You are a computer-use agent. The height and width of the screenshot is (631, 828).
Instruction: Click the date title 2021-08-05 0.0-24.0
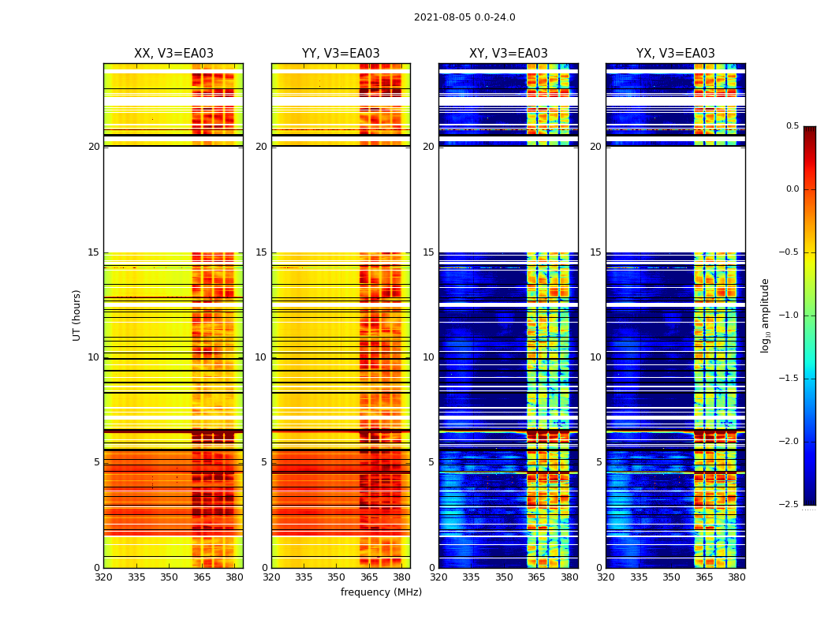(x=464, y=17)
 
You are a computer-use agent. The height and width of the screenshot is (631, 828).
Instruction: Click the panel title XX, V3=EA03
(x=173, y=54)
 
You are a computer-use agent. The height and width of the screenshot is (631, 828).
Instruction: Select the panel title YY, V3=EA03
(x=341, y=54)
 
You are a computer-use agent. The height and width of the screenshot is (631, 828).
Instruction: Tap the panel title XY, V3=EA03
(x=509, y=54)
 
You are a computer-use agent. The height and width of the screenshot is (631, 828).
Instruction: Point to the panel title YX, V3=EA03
(x=676, y=54)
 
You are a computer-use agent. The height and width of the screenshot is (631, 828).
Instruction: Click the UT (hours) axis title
(x=77, y=315)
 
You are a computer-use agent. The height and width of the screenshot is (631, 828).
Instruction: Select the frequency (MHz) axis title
(x=381, y=592)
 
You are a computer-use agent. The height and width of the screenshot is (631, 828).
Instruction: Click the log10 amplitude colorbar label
(x=765, y=315)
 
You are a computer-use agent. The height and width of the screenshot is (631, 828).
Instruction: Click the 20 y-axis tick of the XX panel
(x=94, y=147)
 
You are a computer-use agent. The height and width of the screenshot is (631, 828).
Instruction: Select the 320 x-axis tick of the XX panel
(x=103, y=577)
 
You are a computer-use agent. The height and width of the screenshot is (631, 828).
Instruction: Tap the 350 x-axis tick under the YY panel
(x=337, y=577)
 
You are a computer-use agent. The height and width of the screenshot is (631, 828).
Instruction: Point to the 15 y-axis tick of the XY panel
(x=429, y=252)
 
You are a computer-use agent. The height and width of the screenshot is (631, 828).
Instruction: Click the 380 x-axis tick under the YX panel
(x=737, y=577)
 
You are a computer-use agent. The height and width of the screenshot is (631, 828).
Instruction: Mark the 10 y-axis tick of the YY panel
(x=261, y=357)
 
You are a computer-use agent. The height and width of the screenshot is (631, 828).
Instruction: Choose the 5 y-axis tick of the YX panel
(x=599, y=462)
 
